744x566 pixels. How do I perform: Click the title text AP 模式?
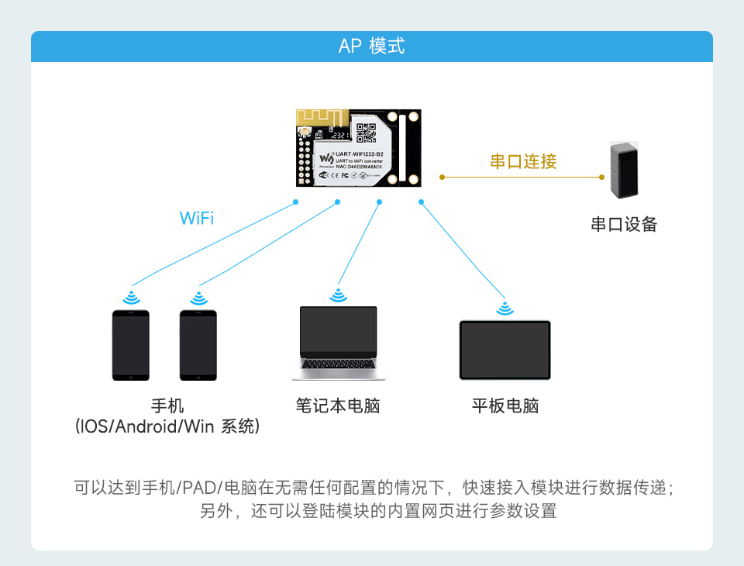coord(371,47)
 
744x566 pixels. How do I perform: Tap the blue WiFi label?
coord(197,218)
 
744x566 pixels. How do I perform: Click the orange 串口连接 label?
coord(523,162)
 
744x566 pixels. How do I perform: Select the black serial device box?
coord(623,170)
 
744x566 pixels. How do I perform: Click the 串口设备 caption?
coord(623,225)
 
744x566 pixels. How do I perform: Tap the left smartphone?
coord(130,346)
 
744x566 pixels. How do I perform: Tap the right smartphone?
coord(198,346)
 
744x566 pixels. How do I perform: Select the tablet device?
coord(505,350)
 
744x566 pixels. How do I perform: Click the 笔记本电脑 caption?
coord(338,406)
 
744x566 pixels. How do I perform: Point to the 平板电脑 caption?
coord(505,406)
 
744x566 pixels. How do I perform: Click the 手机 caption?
coord(167,406)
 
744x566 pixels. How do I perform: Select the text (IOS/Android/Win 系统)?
coord(167,426)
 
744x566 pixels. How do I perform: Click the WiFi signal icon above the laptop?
coord(338,295)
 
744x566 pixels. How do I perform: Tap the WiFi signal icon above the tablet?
coord(505,309)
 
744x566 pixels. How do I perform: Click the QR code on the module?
coord(367,132)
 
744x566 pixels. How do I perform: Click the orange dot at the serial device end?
coord(602,177)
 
